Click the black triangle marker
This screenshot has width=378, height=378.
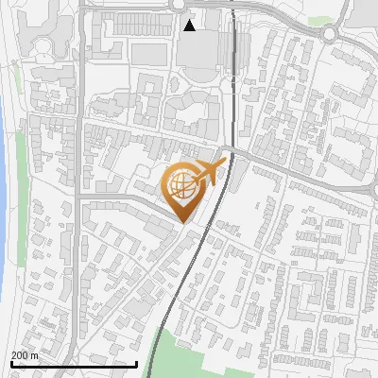[190, 26]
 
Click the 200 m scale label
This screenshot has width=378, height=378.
[25, 355]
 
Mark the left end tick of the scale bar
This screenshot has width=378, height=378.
[10, 362]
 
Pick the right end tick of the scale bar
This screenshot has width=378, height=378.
[137, 362]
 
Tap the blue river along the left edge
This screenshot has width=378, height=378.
[4, 189]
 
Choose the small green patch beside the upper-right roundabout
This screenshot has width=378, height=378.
[321, 20]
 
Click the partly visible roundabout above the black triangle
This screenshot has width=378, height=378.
[180, 4]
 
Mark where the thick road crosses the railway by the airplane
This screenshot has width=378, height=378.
[227, 150]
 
